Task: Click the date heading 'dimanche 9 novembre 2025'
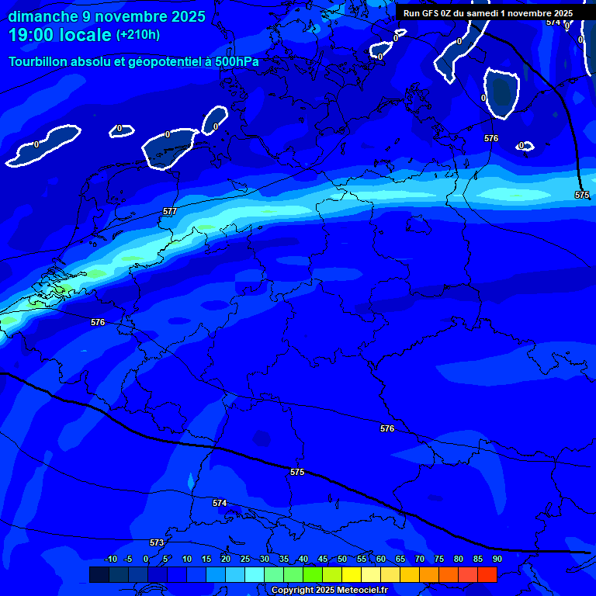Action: coord(107,16)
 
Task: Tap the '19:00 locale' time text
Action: coord(60,34)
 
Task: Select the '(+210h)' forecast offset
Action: coord(138,35)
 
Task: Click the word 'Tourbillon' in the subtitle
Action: coord(39,61)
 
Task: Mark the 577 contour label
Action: coord(170,211)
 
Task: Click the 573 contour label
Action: coord(157,542)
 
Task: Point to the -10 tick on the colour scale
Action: coord(110,560)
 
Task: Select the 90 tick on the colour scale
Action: coord(497,560)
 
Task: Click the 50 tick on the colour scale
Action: coord(342,560)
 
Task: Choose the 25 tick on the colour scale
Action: coord(245,560)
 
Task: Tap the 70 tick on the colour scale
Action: coord(420,560)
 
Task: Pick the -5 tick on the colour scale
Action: coord(129,560)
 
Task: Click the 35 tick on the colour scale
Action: coord(284,560)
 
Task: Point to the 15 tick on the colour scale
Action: coord(206,560)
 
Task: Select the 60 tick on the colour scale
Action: coord(381,560)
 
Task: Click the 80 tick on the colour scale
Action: coord(459,560)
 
